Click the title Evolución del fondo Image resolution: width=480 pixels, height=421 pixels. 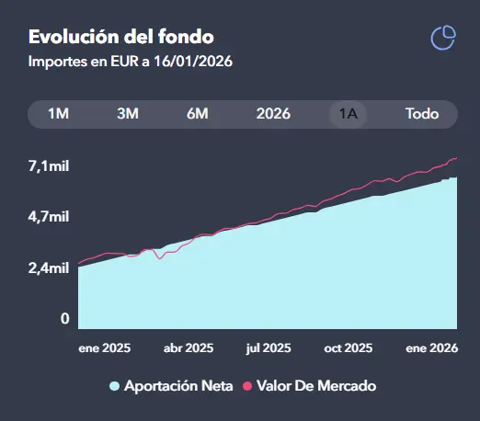coord(120,38)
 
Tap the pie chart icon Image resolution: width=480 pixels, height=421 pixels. coord(443,38)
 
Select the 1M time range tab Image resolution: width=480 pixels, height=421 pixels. coord(59,114)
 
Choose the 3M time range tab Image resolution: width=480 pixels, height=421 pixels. coord(128,114)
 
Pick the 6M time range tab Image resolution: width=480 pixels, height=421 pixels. coord(197,114)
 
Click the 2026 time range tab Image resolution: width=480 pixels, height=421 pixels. coord(273,114)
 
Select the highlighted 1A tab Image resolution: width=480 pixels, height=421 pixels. coord(349,114)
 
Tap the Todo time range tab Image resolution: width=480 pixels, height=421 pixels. coord(422,114)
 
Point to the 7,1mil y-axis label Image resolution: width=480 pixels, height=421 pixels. coord(49,165)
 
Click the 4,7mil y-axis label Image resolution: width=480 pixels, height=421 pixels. coord(49,217)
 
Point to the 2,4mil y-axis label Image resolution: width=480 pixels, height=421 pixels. coord(49,268)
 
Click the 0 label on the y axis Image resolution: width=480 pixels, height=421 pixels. coord(65,319)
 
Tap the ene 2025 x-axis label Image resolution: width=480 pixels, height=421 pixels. coord(104,348)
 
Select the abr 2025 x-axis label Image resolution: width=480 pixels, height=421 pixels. coord(188,348)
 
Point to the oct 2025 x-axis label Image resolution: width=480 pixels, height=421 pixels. coord(348,348)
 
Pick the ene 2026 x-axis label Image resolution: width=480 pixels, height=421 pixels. coord(432,348)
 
